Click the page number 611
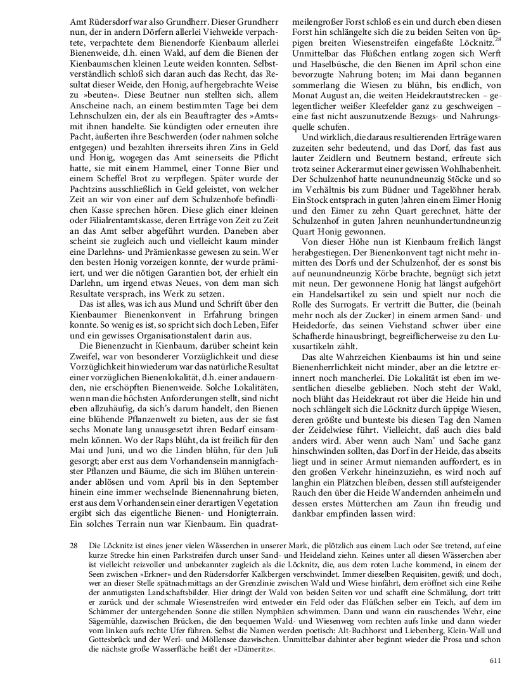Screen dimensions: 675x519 [x=495, y=660]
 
